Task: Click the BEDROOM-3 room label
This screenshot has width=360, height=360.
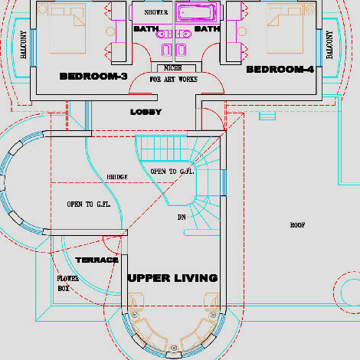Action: pyautogui.click(x=93, y=76)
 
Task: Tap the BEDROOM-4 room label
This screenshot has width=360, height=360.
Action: pyautogui.click(x=280, y=69)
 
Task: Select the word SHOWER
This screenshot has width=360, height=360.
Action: pyautogui.click(x=156, y=12)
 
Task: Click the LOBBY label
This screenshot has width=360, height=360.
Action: pyautogui.click(x=146, y=112)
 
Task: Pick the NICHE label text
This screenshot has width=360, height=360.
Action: pyautogui.click(x=173, y=68)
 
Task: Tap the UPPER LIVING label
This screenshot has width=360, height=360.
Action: pyautogui.click(x=173, y=278)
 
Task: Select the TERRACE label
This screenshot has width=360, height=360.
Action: pyautogui.click(x=97, y=260)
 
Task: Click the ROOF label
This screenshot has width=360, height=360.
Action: pyautogui.click(x=297, y=225)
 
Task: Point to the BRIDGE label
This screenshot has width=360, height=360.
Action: pyautogui.click(x=117, y=177)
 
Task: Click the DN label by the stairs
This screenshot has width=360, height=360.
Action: pyautogui.click(x=182, y=217)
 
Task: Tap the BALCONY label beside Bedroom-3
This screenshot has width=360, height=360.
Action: pyautogui.click(x=23, y=44)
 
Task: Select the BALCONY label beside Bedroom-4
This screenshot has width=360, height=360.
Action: pyautogui.click(x=329, y=44)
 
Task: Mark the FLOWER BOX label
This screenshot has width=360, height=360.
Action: pyautogui.click(x=67, y=283)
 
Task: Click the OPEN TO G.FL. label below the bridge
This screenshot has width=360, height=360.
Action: pyautogui.click(x=89, y=205)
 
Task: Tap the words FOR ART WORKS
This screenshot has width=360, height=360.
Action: pyautogui.click(x=173, y=80)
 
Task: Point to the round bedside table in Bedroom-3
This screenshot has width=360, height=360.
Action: pyautogui.click(x=110, y=31)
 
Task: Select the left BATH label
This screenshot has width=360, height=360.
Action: pyautogui.click(x=146, y=29)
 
